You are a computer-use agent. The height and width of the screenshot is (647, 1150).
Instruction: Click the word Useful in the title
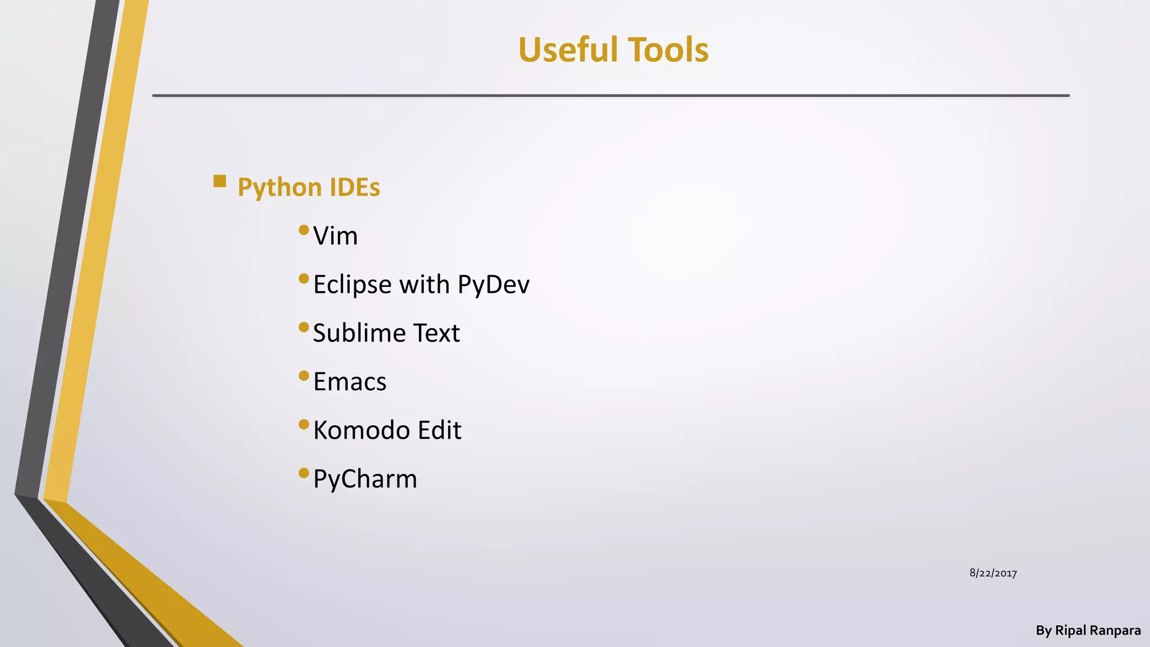(568, 49)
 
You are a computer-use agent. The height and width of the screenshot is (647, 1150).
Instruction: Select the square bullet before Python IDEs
(220, 181)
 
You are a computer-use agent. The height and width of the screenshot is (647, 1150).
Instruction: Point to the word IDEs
(355, 187)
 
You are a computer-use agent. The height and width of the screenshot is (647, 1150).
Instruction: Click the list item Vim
(335, 236)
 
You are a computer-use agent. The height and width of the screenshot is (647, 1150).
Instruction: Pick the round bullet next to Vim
(304, 230)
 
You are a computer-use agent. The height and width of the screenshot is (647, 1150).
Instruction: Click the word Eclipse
(352, 285)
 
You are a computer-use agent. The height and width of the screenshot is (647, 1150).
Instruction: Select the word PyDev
(493, 285)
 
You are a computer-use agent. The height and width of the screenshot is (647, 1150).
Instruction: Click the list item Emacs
(349, 382)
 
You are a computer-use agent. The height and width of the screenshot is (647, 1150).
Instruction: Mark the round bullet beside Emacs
(304, 376)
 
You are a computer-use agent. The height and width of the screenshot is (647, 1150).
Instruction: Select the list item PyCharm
(365, 479)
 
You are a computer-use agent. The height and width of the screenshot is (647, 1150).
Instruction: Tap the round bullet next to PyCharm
(304, 473)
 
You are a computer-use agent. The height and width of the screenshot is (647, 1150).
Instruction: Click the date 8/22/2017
(993, 573)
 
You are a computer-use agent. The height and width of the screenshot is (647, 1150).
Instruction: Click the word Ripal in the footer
(1071, 631)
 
